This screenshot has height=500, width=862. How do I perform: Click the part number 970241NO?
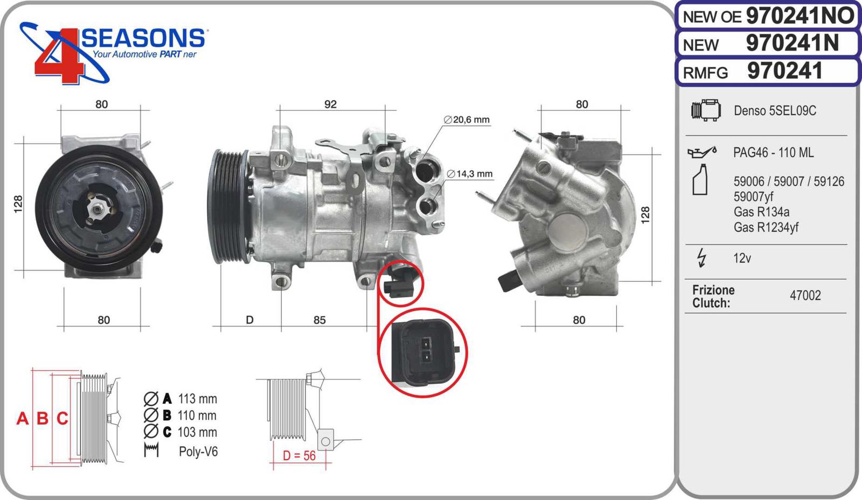(800, 16)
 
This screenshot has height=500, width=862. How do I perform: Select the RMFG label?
(705, 73)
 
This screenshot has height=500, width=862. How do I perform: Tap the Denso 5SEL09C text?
(775, 111)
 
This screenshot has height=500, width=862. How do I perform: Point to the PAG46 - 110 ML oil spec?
(774, 152)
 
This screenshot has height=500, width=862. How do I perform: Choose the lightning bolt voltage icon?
(701, 257)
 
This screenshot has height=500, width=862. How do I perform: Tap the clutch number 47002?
(805, 295)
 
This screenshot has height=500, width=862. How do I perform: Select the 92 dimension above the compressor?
(330, 104)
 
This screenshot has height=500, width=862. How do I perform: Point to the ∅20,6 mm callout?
(467, 119)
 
